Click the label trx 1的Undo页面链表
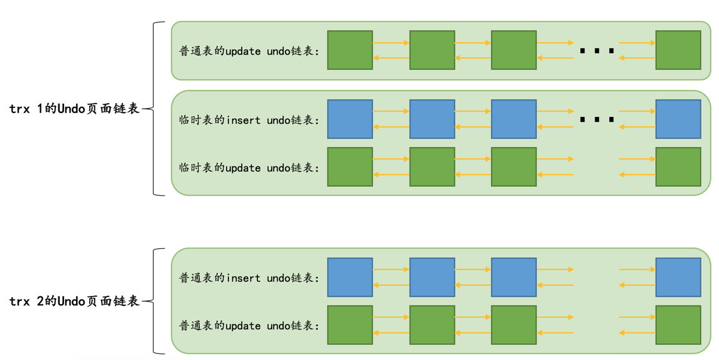click(x=74, y=109)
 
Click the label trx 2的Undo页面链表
click(x=74, y=302)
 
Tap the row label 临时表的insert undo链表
click(x=249, y=120)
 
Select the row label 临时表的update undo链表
click(x=249, y=168)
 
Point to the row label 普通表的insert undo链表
click(x=249, y=278)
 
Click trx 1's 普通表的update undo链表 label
click(x=249, y=51)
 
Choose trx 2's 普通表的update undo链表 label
click(x=249, y=325)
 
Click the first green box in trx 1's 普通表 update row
click(x=350, y=50)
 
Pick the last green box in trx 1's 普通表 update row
click(x=678, y=50)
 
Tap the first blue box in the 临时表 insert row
click(x=350, y=119)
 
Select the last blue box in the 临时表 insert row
click(x=678, y=119)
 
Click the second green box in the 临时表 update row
click(x=432, y=167)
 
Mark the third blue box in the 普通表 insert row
click(x=514, y=277)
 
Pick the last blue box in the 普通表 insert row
click(x=678, y=277)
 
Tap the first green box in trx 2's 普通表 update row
click(x=350, y=325)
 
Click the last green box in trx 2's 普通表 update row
click(x=678, y=325)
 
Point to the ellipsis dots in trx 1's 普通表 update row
click(x=597, y=51)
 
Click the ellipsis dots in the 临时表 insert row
click(x=597, y=119)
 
